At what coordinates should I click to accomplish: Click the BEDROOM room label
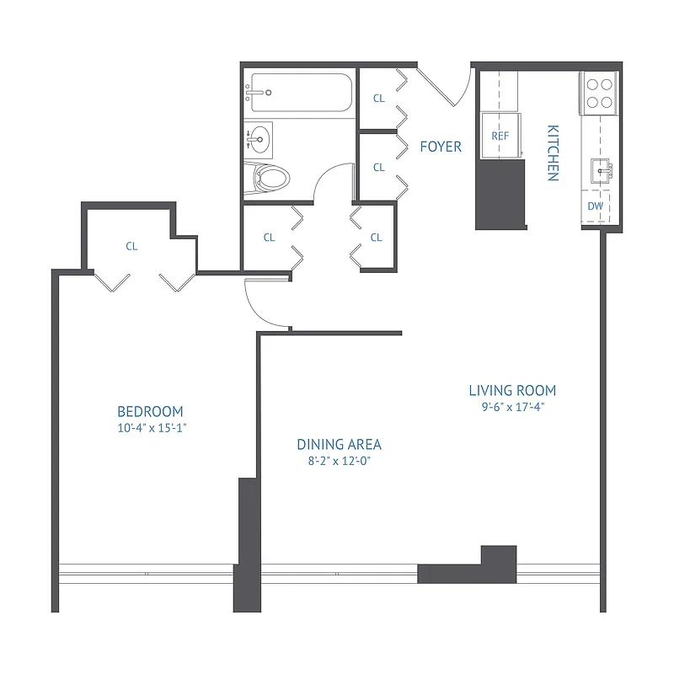(150, 411)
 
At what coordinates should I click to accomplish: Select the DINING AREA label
(339, 444)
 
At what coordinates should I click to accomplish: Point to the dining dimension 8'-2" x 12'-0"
(339, 460)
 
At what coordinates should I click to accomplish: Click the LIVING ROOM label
(512, 390)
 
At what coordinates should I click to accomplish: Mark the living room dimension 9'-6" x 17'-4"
(512, 406)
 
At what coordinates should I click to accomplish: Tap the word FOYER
(441, 147)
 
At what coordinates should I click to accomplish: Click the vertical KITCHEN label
(553, 153)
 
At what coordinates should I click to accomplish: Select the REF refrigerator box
(500, 136)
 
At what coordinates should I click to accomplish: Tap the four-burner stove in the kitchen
(599, 93)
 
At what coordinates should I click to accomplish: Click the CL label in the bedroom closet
(131, 247)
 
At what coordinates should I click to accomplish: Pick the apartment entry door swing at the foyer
(445, 87)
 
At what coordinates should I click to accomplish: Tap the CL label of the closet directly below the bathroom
(269, 238)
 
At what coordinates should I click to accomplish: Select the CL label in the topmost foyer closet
(379, 99)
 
